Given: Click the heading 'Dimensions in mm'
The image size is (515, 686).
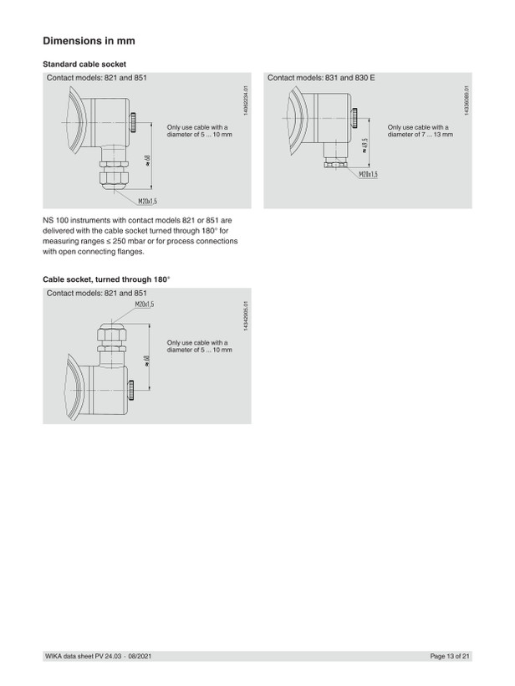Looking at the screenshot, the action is point(89,41).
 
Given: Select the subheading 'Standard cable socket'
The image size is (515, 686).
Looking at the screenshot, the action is point(84,64).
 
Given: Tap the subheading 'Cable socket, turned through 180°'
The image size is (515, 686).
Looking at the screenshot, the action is point(106,279).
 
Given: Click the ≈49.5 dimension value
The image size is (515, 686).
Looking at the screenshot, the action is point(365,146).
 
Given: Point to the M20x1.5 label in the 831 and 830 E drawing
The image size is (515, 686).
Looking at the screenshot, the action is point(368,175).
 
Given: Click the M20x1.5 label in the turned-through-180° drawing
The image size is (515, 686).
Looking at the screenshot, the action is point(145,304).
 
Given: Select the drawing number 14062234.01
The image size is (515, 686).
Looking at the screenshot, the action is point(246,100).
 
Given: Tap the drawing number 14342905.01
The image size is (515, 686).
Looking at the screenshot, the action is point(246,316).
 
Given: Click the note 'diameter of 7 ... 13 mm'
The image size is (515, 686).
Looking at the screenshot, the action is point(421,135).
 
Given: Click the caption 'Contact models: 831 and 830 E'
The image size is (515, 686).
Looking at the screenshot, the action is point(321,78).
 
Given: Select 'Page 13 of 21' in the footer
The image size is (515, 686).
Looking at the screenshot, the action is point(450,656).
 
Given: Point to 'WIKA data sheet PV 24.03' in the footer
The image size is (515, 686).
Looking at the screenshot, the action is point(84,656).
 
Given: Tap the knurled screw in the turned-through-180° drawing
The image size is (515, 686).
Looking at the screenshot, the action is point(130,390).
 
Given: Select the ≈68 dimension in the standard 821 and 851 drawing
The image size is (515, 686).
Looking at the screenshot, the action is point(147,161).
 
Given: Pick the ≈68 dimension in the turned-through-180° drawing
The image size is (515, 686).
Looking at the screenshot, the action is point(147,361).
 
